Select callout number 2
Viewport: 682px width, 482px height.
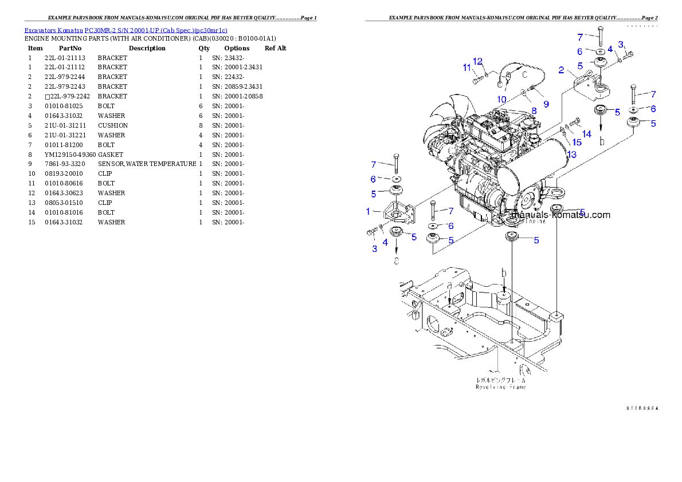562,70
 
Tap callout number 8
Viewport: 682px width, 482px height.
534,110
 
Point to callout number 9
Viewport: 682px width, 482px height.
546,104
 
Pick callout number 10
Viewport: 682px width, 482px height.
501,99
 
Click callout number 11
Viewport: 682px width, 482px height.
467,68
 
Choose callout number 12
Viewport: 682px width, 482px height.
478,61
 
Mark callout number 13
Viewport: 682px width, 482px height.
572,155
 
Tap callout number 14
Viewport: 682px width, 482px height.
586,134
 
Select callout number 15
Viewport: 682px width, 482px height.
575,142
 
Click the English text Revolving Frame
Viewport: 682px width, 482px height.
500,386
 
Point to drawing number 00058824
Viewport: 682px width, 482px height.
642,408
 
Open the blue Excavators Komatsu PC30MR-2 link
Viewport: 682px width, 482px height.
126,30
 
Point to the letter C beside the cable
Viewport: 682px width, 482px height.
523,73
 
